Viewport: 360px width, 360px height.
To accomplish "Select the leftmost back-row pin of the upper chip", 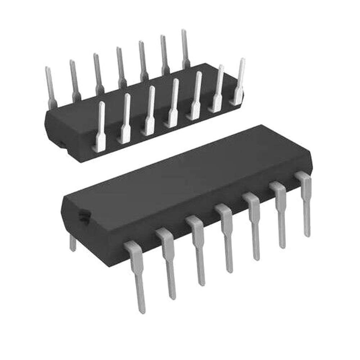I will coord(50,86).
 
